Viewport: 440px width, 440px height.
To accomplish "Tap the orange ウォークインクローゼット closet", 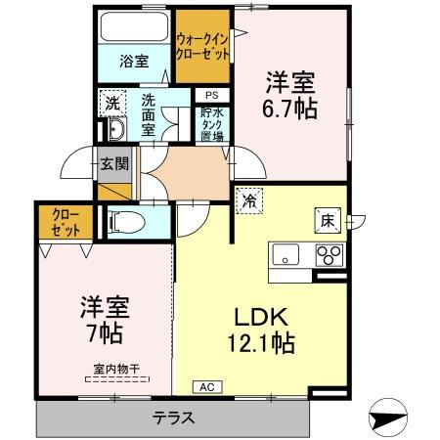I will pos(202,47).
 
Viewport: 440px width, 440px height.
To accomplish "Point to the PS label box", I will pos(211,95).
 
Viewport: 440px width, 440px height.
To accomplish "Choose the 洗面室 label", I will pos(149,114).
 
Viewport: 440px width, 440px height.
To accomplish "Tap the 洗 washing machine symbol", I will pos(112,102).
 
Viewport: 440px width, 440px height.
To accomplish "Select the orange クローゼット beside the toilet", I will pos(66,221).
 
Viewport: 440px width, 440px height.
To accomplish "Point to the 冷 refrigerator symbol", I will pos(249,199).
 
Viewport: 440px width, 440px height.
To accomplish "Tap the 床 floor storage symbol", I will pos(329,220).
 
